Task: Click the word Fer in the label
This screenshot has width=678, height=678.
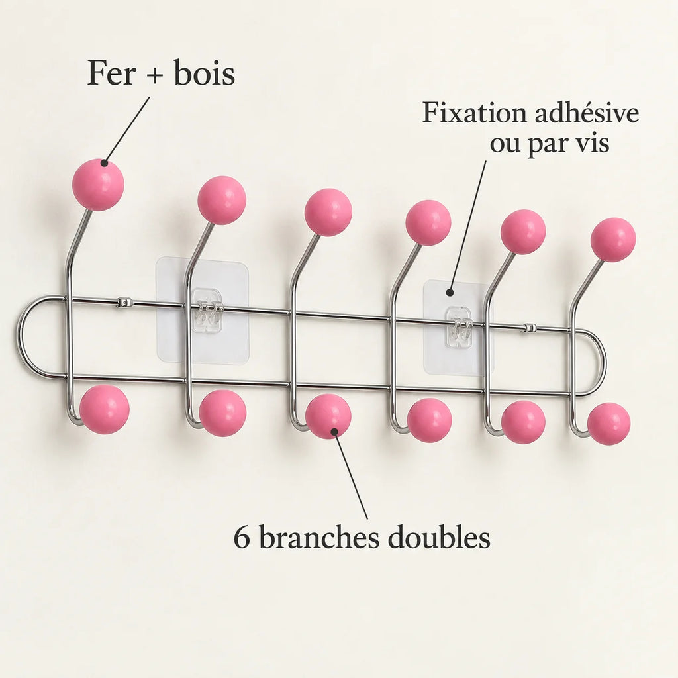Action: pyautogui.click(x=111, y=73)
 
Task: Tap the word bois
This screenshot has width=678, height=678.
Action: pyautogui.click(x=205, y=73)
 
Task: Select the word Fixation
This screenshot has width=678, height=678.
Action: pyautogui.click(x=474, y=113)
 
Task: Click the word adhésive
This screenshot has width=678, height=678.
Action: pyautogui.click(x=587, y=113)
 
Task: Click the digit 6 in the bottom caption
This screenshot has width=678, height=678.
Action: pyautogui.click(x=242, y=538)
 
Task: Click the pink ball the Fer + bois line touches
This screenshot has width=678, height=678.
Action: pyautogui.click(x=98, y=185)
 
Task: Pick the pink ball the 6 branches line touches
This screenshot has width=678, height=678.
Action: pyautogui.click(x=328, y=416)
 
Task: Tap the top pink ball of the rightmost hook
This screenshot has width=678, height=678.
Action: pyautogui.click(x=613, y=240)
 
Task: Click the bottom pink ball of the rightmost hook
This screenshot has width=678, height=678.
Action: pyautogui.click(x=609, y=423)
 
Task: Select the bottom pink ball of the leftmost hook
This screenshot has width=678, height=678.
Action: pyautogui.click(x=105, y=409)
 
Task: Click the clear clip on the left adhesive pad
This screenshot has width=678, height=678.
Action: pyautogui.click(x=207, y=311)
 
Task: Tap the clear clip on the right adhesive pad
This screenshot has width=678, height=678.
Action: pyautogui.click(x=458, y=327)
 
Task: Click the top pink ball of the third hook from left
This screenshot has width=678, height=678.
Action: pyautogui.click(x=328, y=213)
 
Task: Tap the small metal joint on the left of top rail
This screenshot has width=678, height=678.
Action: pyautogui.click(x=124, y=302)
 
